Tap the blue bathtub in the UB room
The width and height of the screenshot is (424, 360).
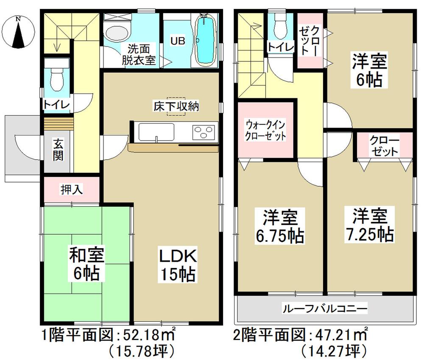click(x=205, y=40)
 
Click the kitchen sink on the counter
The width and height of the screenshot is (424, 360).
click(x=156, y=131)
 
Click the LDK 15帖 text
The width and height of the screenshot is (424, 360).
click(x=177, y=266)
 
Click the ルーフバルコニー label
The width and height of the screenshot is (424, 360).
click(x=325, y=307)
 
